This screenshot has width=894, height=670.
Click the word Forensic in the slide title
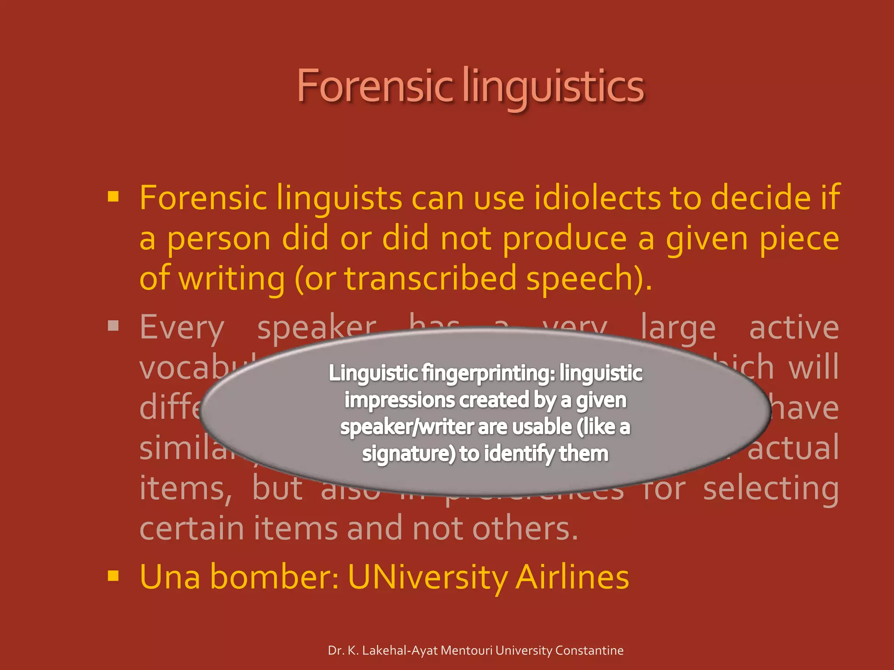(x=375, y=86)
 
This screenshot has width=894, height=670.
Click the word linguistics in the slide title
(x=553, y=87)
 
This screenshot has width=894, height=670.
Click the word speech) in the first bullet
(x=589, y=279)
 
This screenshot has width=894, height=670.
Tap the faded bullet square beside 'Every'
(x=113, y=326)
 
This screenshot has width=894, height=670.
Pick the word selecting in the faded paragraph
(x=771, y=489)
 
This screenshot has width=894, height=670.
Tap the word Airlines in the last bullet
(x=572, y=577)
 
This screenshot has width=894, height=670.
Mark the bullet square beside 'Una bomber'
(x=113, y=576)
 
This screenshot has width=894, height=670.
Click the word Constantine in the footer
(x=589, y=650)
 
